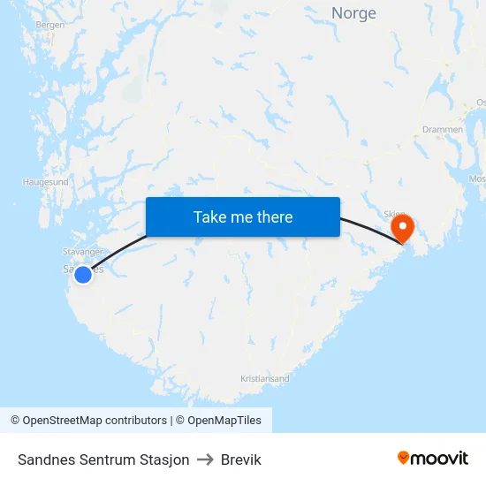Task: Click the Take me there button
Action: (243, 216)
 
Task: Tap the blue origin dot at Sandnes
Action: (82, 275)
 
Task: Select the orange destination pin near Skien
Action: (402, 229)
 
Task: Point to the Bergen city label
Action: (50, 25)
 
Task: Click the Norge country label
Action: (353, 13)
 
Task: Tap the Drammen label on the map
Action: (442, 129)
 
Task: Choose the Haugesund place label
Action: (46, 182)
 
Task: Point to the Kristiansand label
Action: (264, 378)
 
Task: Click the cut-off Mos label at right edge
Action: (477, 178)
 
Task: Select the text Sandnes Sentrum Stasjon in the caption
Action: (103, 459)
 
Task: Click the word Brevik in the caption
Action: (241, 459)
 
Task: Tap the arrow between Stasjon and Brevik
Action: (205, 459)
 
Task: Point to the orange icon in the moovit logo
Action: (404, 458)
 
